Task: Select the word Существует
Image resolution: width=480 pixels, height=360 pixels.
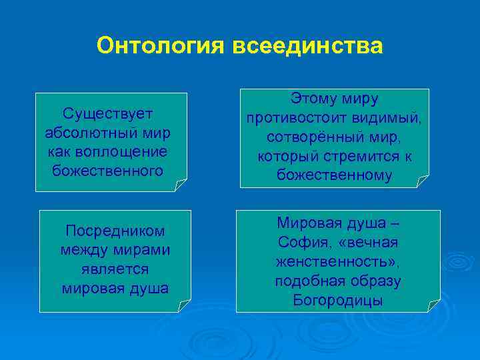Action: (x=108, y=113)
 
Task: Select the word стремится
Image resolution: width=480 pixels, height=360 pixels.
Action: (x=359, y=157)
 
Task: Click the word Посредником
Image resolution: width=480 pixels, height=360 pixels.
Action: (x=115, y=231)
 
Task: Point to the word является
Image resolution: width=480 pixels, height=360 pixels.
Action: (x=115, y=270)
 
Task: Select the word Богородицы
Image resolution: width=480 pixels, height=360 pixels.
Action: (x=338, y=301)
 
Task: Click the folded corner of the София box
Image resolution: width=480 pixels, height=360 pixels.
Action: (x=434, y=305)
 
